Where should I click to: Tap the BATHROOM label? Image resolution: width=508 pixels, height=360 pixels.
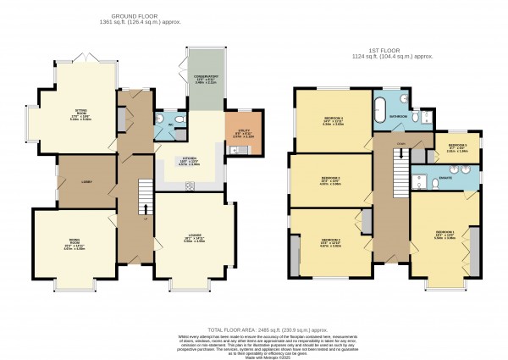click(400, 115)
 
